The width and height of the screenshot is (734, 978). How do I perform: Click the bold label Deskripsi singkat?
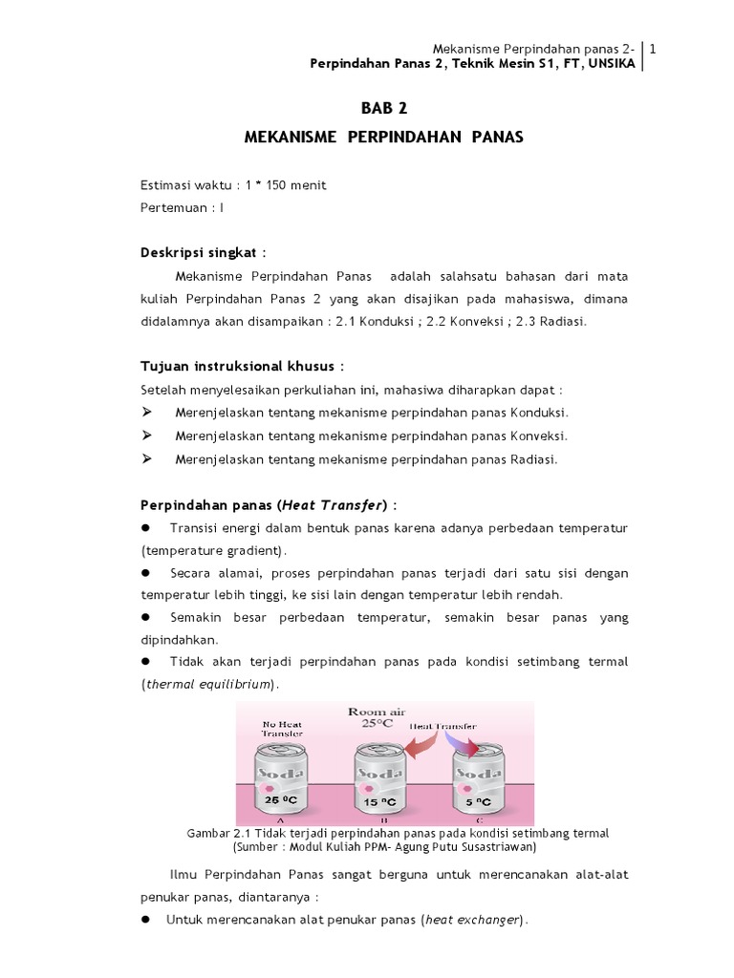(x=201, y=252)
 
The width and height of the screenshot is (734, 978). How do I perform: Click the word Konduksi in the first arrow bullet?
(x=540, y=413)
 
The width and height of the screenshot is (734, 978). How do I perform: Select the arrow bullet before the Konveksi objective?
(x=147, y=436)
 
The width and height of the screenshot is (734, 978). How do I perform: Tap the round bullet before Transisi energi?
(x=147, y=528)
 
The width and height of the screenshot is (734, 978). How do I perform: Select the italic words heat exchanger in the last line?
(x=473, y=920)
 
